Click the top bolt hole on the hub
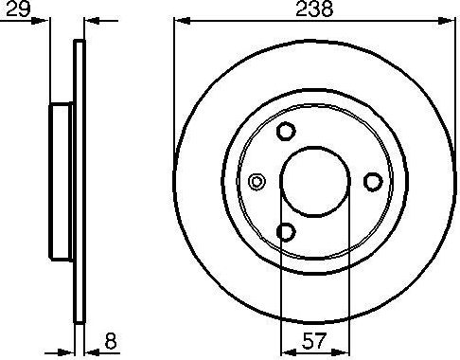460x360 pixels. coord(288,133)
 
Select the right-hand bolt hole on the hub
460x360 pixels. coord(372,181)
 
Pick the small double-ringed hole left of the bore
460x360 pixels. coord(255,182)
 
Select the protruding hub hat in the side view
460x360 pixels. coord(62,181)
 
